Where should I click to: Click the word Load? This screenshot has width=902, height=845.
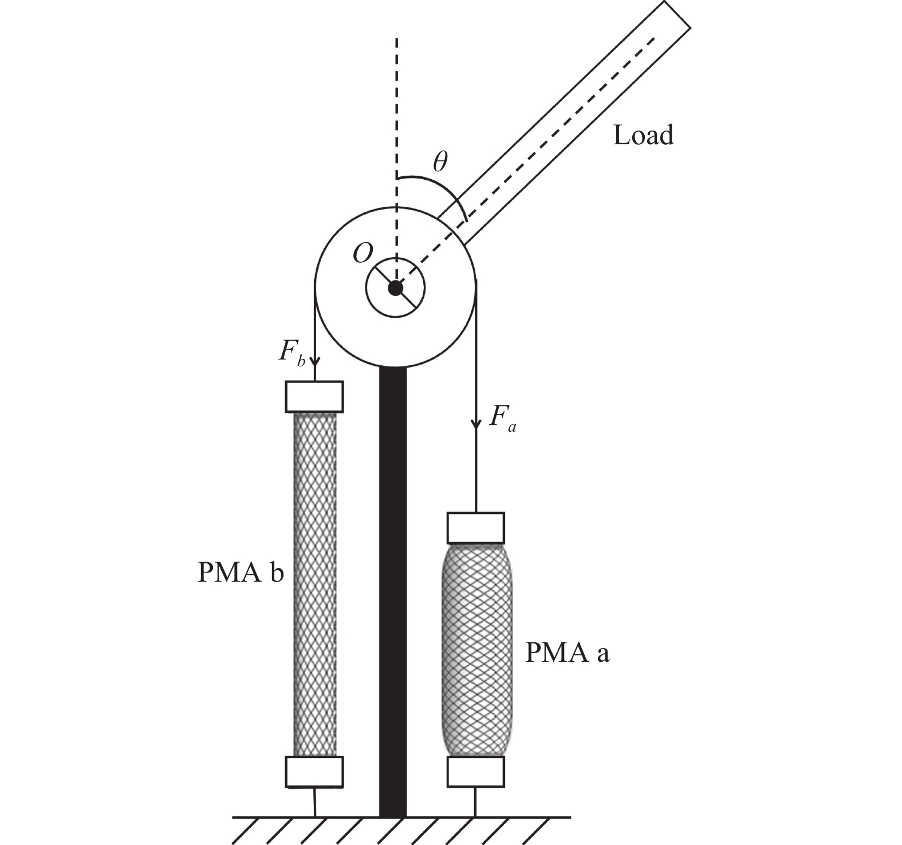(643, 135)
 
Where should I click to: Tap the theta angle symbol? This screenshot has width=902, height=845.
(440, 163)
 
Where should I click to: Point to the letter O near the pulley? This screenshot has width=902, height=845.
(363, 252)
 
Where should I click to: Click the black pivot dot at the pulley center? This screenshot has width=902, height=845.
(395, 288)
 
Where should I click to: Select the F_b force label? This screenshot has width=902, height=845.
(292, 353)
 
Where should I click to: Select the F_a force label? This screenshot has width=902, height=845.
(503, 418)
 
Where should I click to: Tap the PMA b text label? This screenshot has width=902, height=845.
(241, 572)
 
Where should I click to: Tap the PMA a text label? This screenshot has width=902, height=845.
(567, 653)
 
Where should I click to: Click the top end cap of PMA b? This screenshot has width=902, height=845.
(314, 396)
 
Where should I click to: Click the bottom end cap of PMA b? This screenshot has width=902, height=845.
(314, 771)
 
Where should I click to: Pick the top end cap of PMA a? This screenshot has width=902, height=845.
(475, 528)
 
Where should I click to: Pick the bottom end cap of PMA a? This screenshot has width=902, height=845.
(475, 771)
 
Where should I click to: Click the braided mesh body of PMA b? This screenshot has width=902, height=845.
(314, 584)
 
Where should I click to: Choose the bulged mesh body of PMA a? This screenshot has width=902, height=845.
(475, 650)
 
